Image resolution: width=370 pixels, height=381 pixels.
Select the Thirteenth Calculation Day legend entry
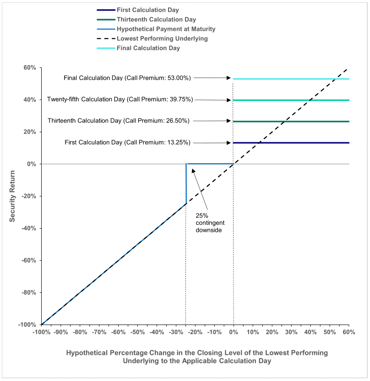[x=156, y=19]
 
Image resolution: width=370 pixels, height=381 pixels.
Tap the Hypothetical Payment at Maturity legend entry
[x=166, y=29]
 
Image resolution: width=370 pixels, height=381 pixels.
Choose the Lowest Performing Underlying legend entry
[x=162, y=39]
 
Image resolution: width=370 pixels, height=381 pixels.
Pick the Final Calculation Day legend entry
[x=148, y=48]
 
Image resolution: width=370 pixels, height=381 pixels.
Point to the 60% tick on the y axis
[x=30, y=68]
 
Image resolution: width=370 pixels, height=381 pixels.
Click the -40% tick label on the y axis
[x=28, y=229]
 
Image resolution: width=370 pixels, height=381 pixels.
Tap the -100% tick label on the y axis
[x=27, y=325]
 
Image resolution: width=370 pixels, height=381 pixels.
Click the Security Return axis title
[x=13, y=196]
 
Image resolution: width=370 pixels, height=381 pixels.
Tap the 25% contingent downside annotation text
[x=209, y=222]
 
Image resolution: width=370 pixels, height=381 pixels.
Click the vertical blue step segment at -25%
[x=186, y=184]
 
